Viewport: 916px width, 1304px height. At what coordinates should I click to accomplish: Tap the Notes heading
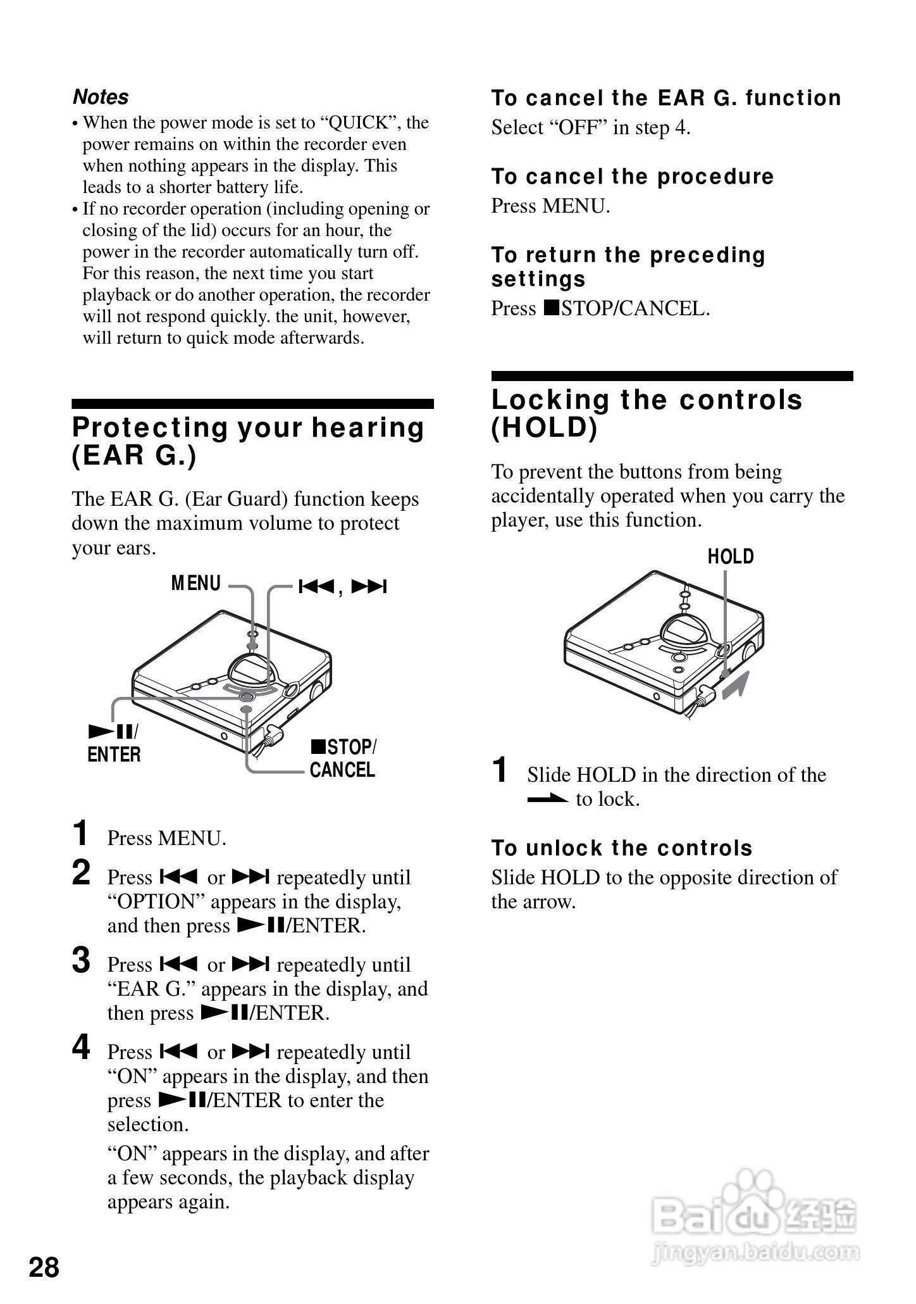(x=101, y=97)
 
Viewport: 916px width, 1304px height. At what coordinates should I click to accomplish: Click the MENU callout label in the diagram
(x=196, y=583)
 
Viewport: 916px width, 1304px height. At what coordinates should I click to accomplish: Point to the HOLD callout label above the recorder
(x=731, y=557)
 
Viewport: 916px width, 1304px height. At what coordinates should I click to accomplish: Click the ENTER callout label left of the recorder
(x=114, y=755)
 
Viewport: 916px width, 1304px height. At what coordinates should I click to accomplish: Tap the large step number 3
(x=82, y=960)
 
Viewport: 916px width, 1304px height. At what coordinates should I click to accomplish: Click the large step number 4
(x=82, y=1048)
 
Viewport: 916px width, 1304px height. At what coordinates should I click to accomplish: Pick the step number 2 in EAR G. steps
(x=82, y=873)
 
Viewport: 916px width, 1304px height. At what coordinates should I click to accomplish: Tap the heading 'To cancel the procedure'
(x=632, y=177)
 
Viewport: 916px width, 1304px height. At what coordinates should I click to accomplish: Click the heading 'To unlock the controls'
(x=622, y=848)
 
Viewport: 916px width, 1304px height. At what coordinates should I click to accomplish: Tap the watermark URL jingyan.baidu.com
(x=755, y=1251)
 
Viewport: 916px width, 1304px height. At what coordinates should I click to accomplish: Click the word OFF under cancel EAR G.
(x=578, y=127)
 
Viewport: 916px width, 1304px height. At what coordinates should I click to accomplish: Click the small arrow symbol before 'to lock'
(x=547, y=799)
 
